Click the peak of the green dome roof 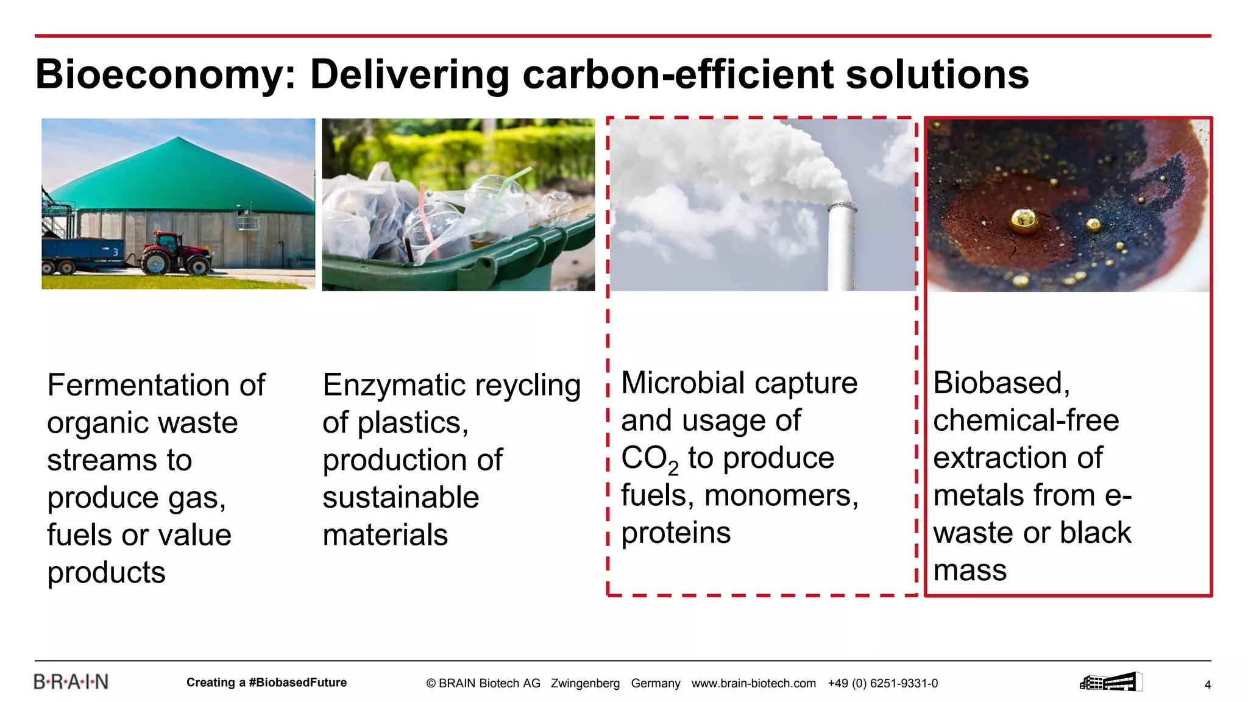(x=177, y=138)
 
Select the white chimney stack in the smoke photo (x=841, y=247)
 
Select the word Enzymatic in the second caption (x=394, y=385)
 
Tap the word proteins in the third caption (x=675, y=533)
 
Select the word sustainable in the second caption (x=400, y=498)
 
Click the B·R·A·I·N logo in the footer (x=71, y=682)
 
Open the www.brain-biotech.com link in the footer (x=753, y=684)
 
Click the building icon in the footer (x=1110, y=682)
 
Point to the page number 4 (x=1207, y=685)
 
